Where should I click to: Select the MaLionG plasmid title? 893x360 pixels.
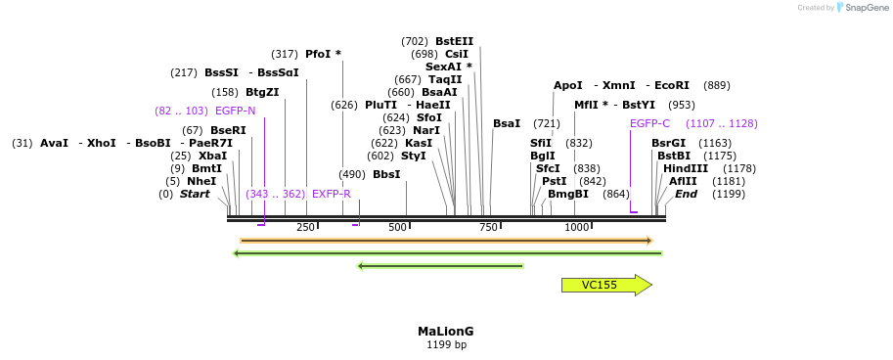tap(445, 332)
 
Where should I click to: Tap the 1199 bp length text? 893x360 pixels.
tap(446, 345)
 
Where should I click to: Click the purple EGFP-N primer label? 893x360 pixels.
tap(235, 111)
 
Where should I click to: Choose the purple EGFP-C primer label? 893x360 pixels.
tap(649, 123)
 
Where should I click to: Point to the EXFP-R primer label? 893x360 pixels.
tap(331, 194)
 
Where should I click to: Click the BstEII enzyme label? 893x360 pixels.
tap(454, 41)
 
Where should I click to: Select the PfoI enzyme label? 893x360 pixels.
tap(318, 54)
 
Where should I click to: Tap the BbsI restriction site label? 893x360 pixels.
tap(386, 174)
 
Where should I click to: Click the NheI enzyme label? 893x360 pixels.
tap(201, 181)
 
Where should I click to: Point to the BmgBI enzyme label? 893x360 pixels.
tap(568, 194)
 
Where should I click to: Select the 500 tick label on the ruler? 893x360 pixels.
tap(397, 227)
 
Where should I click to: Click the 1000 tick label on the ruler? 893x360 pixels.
tap(576, 227)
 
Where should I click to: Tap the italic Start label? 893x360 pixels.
tap(195, 194)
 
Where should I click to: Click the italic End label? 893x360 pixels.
tap(686, 194)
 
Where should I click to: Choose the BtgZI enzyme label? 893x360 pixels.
tap(262, 92)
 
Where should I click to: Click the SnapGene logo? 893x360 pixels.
tap(862, 8)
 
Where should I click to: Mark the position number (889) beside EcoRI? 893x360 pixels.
tap(716, 85)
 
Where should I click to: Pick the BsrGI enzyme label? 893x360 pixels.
tap(669, 143)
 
